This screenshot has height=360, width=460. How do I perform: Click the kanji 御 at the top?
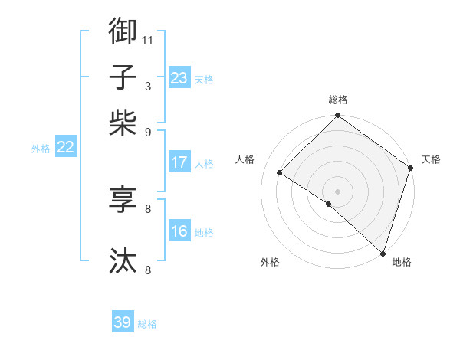tap(123, 31)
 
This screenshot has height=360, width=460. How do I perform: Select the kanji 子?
tap(123, 77)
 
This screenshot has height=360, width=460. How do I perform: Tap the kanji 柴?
tap(123, 123)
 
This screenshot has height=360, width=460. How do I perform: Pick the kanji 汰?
tap(123, 261)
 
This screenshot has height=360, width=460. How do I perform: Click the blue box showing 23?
tap(179, 78)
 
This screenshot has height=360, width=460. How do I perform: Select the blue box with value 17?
tap(179, 162)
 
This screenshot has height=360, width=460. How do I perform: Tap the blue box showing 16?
tap(179, 231)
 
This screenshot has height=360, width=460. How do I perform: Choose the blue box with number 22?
tap(65, 148)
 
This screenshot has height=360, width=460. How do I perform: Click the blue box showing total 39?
tap(123, 322)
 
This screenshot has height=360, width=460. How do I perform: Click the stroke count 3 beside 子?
tap(147, 86)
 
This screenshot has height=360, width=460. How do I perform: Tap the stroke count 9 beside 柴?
tap(147, 132)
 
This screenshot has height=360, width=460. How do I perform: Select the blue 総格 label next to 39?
tap(147, 324)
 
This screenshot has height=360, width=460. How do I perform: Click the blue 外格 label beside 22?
tap(40, 149)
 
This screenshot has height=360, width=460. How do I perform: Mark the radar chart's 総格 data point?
tap(337, 116)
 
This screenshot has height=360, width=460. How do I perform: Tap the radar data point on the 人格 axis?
tap(280, 173)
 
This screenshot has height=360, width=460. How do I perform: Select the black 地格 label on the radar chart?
tap(402, 263)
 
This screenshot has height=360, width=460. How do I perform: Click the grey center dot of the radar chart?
tap(337, 191)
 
